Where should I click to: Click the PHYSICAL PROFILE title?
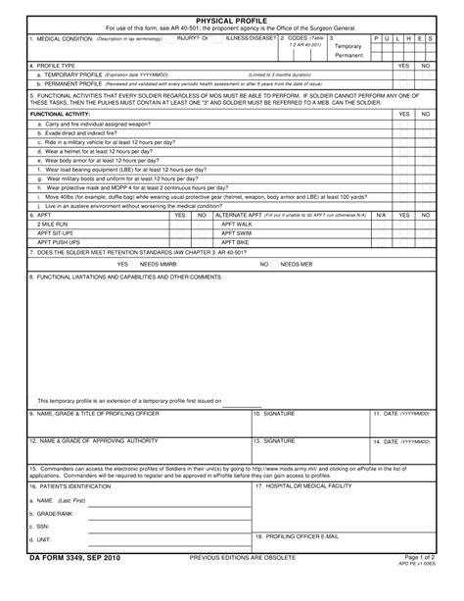232,19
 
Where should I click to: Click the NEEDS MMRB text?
158,265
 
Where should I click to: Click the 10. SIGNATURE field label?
275,414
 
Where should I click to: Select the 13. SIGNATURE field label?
275,441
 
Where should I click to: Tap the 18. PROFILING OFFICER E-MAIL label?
297,536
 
